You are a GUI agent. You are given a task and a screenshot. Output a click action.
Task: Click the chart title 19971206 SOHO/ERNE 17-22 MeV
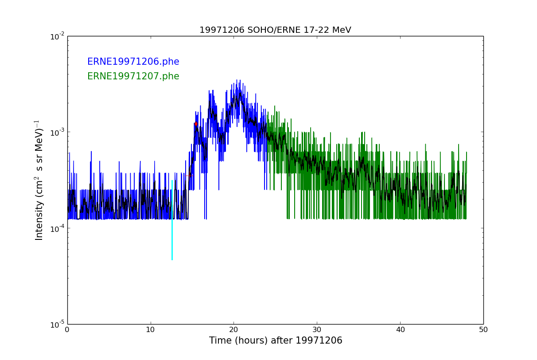(275, 30)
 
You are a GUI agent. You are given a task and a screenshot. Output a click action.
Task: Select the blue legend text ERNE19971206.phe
(133, 62)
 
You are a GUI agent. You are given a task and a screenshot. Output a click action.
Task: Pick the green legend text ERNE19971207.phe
(133, 77)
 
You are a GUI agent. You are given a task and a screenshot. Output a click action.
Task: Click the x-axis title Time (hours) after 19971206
(276, 340)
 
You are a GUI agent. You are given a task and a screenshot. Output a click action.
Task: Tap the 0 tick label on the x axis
(67, 330)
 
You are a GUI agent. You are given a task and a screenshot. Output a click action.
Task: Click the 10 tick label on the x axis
(151, 330)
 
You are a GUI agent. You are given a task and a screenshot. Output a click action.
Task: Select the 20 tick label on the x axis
(233, 330)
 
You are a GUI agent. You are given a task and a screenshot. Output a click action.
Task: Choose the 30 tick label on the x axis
(317, 330)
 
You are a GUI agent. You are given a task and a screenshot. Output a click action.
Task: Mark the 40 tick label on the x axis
(400, 330)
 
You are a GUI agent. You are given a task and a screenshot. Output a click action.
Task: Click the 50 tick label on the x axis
(483, 330)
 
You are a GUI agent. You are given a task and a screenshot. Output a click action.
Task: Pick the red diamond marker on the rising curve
(196, 124)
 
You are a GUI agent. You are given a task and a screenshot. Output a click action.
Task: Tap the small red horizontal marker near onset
(190, 176)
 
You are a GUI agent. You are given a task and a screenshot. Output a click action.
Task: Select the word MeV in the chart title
(341, 30)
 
